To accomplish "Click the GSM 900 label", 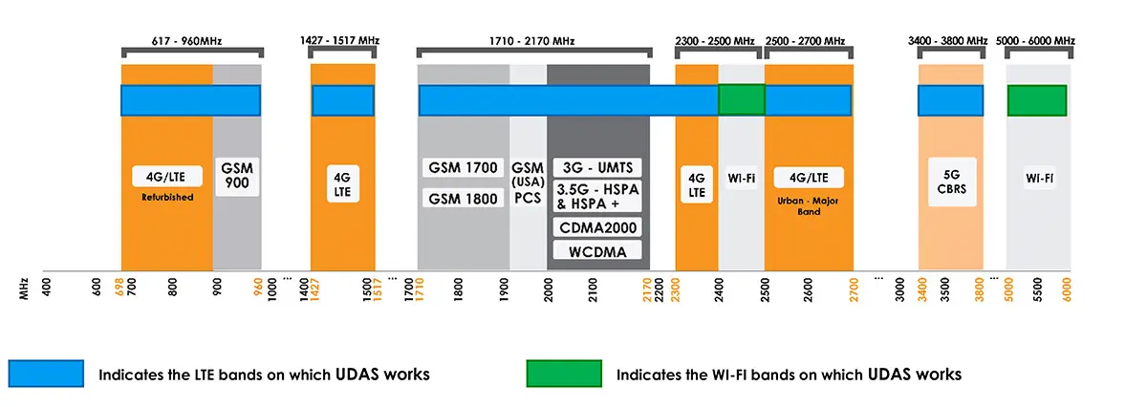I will (236, 177).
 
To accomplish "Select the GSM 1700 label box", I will (463, 168).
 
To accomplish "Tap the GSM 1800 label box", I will (463, 199).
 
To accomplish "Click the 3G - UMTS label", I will (597, 168).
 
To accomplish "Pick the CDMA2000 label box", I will (597, 227).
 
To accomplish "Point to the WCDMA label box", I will (597, 251).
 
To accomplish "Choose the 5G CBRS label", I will (949, 182).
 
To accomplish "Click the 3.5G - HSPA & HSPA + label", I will (597, 196).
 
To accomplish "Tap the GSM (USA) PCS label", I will (528, 181).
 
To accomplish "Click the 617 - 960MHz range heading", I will (191, 41).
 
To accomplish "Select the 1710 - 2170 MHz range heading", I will (533, 41).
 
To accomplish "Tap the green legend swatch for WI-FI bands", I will (563, 374).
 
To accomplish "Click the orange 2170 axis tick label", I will (648, 288).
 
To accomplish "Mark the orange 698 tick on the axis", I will (119, 288).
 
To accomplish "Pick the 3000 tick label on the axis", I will (900, 288).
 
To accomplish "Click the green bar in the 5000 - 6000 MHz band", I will (1036, 100).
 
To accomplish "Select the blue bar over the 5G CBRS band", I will (950, 100).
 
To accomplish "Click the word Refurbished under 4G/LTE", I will (168, 198).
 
